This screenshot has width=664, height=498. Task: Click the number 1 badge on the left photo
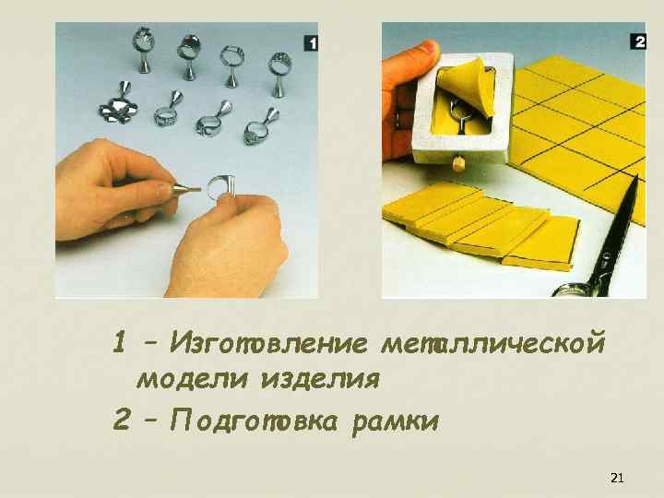pos(311,42)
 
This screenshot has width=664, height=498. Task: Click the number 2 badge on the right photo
pos(638,41)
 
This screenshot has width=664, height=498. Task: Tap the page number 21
pos(617,478)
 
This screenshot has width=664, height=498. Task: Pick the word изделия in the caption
pos(320,379)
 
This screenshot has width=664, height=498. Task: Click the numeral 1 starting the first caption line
pos(119,344)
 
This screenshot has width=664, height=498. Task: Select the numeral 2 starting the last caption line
pos(120,421)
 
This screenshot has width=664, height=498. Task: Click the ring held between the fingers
pos(219,187)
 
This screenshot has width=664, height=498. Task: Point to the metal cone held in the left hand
pos(182,191)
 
